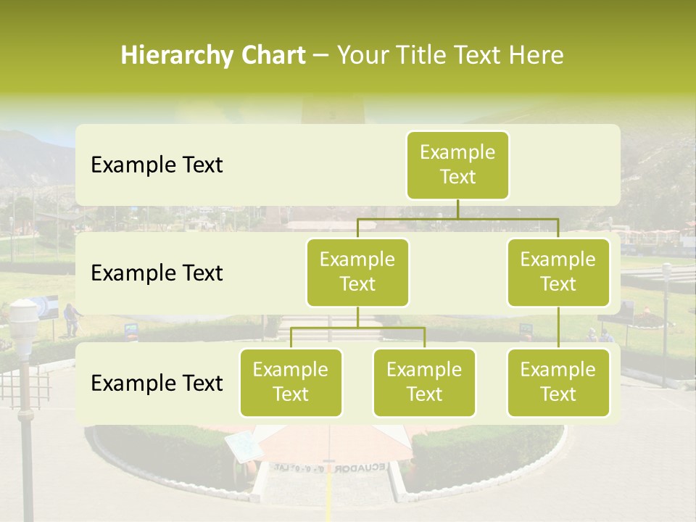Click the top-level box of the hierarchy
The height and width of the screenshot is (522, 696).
point(457,165)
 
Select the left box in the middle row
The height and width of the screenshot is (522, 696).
point(357,272)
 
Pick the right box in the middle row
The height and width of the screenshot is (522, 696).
point(558,272)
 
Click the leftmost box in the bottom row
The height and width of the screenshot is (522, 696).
point(291,382)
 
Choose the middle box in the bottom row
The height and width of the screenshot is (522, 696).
point(424,382)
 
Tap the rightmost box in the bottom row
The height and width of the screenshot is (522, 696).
point(558,382)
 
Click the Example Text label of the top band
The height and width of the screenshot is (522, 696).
point(157,165)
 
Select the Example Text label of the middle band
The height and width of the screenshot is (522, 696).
point(157,273)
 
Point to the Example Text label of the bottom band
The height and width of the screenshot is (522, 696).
point(157,384)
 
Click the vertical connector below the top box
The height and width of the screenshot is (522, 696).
point(457,209)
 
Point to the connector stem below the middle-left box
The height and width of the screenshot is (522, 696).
point(357,317)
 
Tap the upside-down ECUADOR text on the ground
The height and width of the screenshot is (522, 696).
point(360,468)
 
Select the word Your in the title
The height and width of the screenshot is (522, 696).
point(362,56)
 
